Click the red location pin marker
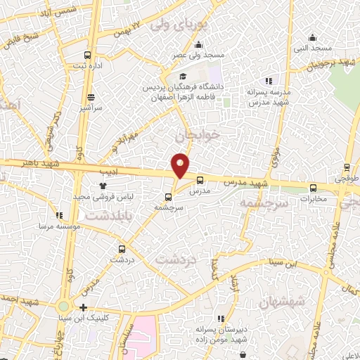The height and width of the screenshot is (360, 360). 181,165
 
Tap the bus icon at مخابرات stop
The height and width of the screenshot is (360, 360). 313,187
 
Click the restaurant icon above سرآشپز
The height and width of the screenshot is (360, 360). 90,98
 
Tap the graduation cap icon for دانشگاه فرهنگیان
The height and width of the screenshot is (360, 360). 183,77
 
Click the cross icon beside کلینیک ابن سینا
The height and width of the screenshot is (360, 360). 84,307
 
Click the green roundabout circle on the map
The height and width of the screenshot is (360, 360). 64,306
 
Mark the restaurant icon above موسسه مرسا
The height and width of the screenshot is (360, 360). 60,215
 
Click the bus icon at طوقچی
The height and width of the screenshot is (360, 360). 345,168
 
